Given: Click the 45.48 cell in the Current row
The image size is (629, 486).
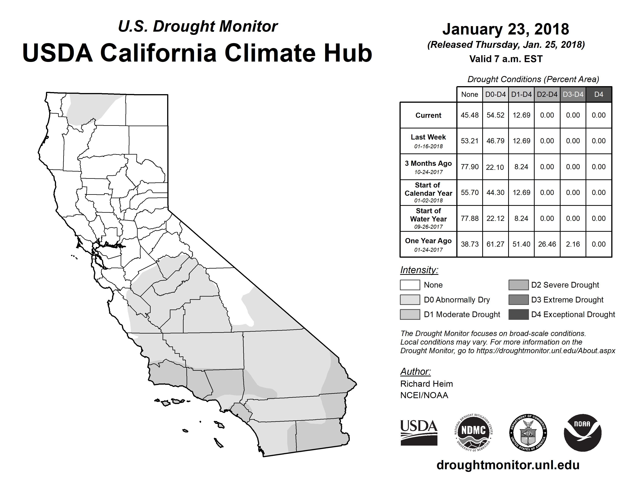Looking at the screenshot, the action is tap(469, 115).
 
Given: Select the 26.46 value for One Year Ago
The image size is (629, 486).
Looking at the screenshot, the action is tap(547, 244).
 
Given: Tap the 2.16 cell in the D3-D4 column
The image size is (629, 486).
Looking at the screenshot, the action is tap(573, 244).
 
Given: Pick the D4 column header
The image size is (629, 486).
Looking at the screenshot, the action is tap(599, 94).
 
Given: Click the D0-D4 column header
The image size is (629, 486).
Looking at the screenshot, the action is tap(495, 94).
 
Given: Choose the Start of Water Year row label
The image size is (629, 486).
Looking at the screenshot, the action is tap(428, 219).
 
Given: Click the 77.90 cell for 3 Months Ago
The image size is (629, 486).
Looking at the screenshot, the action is tap(469, 167).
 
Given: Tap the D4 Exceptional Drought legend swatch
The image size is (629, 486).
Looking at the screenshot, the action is tap(518, 314).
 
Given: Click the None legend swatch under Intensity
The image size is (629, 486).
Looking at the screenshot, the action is tap(410, 285).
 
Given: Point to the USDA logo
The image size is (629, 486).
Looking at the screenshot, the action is tap(419, 432).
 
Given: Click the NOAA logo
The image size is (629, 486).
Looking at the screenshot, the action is tap(582, 432).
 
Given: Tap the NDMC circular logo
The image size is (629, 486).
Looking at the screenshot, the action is tap(473, 432).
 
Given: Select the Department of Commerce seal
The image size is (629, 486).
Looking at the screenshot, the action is tap(528, 432).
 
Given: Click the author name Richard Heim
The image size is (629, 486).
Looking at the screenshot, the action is tap(427, 384).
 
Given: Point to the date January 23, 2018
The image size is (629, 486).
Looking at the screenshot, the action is tap(506, 29).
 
